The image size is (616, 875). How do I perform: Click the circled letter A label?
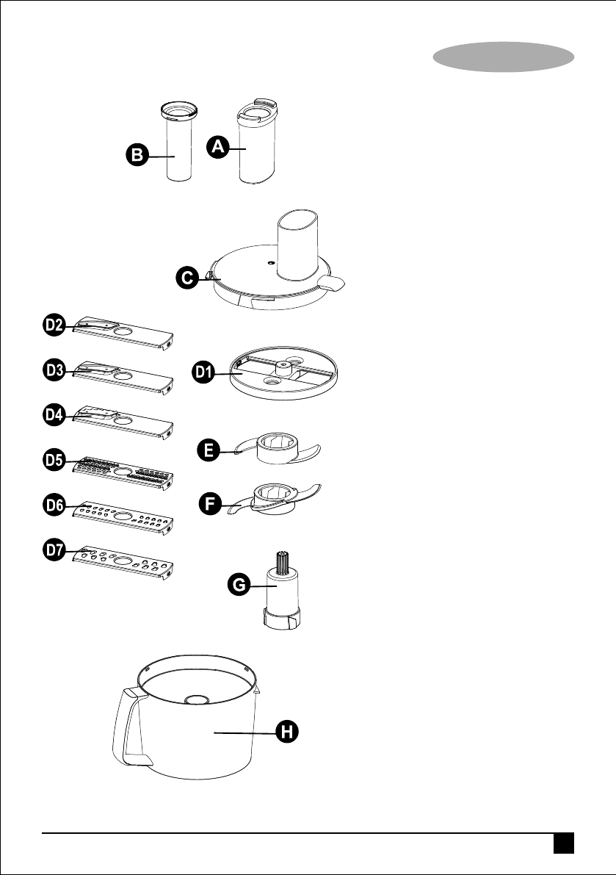(x=216, y=147)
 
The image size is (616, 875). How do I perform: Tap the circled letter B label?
(x=136, y=155)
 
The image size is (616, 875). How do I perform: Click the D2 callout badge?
(x=53, y=325)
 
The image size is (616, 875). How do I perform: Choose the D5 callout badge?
(x=53, y=461)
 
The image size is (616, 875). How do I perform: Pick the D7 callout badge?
(x=53, y=552)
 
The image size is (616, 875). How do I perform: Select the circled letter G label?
(x=239, y=586)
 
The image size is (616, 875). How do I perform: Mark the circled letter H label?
(x=287, y=731)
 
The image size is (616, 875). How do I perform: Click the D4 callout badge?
(x=53, y=416)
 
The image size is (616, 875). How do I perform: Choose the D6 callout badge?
(x=53, y=506)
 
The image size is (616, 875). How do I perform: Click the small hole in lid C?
(x=271, y=261)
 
